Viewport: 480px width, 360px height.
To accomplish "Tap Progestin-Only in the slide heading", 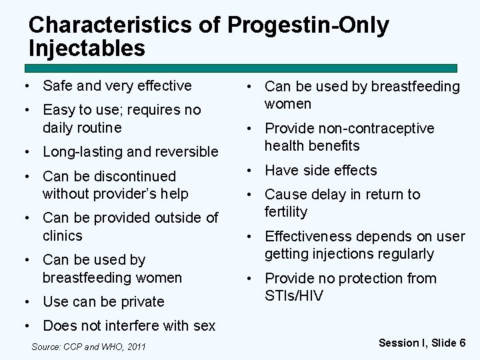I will coord(308,25).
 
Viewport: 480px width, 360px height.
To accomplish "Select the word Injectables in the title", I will coord(87,49).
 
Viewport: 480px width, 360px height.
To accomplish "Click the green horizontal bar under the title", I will coord(241,68).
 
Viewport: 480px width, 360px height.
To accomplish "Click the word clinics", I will coord(62,236).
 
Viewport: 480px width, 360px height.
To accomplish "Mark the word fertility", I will coord(286,212).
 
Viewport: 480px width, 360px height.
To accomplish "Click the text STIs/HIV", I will coord(293,296).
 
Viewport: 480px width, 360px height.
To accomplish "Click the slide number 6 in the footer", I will coord(462,343).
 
